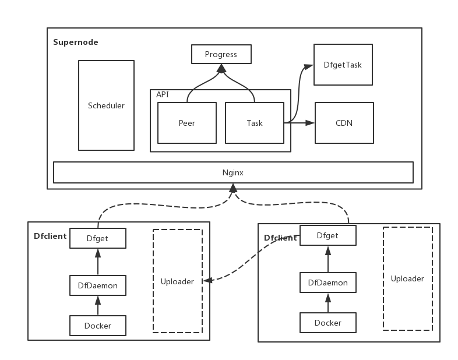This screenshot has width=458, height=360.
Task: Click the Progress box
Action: [x=221, y=55]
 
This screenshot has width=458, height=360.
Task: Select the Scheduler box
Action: [x=106, y=105]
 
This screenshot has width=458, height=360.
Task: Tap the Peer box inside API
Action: [x=187, y=123]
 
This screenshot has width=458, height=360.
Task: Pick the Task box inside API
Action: [x=255, y=123]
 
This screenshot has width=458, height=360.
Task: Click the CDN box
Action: [x=344, y=123]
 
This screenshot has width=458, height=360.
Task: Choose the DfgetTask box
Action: [x=343, y=65]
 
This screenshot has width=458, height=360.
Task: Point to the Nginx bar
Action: [x=233, y=172]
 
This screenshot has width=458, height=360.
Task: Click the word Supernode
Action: [x=76, y=42]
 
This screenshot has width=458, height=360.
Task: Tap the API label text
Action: [x=163, y=94]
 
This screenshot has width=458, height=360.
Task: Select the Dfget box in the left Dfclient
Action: [x=98, y=238]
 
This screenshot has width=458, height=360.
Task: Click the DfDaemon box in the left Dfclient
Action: [x=98, y=285]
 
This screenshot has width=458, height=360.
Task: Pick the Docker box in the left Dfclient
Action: [x=98, y=326]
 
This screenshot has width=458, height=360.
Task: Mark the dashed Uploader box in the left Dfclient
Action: [x=178, y=281]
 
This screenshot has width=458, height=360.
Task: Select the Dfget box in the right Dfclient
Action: [x=327, y=235]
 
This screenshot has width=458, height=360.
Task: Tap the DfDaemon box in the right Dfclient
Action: [x=328, y=283]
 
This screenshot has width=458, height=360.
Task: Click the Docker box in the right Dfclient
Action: [x=328, y=323]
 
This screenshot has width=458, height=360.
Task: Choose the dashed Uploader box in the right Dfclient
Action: [x=407, y=278]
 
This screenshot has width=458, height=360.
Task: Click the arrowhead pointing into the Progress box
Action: [x=221, y=68]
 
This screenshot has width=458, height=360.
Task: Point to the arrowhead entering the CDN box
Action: [x=310, y=123]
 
